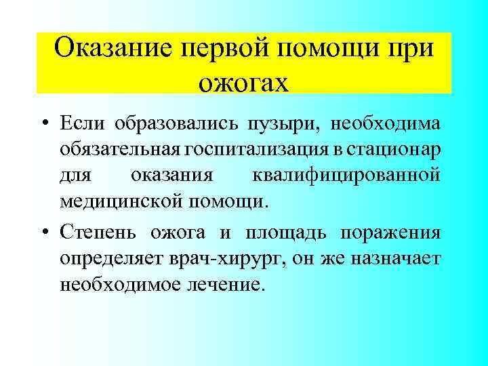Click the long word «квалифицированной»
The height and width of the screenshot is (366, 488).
pos(346,175)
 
